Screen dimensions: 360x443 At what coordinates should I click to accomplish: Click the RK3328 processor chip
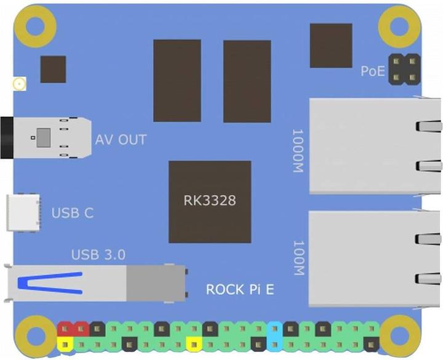(210, 201)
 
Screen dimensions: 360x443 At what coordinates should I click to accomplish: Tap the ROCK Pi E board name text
(240, 289)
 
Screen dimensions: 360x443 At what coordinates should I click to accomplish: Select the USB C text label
(73, 214)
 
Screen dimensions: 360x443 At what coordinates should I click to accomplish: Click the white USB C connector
(23, 213)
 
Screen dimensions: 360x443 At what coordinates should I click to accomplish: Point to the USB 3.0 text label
(99, 254)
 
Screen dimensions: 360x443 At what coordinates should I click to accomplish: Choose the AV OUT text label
(121, 140)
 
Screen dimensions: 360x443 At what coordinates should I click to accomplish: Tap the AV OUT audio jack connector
(43, 138)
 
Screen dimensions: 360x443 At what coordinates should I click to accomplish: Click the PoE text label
(372, 71)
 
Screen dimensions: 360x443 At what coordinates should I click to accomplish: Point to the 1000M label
(298, 151)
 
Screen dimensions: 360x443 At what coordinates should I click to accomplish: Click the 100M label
(298, 257)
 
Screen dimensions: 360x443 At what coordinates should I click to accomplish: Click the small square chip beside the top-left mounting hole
(53, 69)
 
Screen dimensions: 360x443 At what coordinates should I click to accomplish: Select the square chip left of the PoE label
(331, 46)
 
